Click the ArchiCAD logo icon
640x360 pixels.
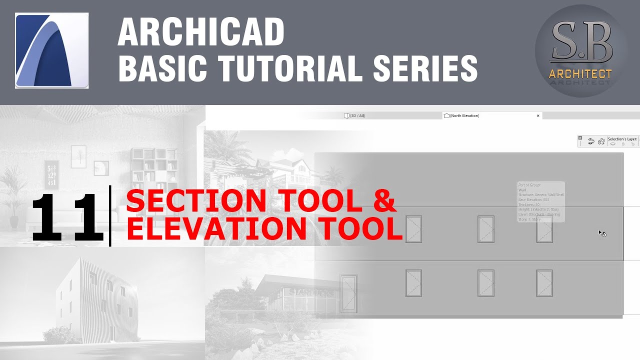(x=51, y=51)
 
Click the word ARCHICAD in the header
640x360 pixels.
(x=201, y=32)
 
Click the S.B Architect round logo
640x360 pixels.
(x=580, y=51)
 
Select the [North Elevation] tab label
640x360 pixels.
(x=464, y=115)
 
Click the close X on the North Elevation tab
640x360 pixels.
(x=538, y=115)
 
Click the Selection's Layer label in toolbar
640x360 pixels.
(x=622, y=139)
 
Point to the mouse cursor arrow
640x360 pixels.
(x=601, y=232)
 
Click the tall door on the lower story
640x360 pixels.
(x=348, y=293)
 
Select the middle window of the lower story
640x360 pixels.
(x=485, y=283)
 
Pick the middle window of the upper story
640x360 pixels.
(x=485, y=229)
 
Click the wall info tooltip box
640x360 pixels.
(x=540, y=201)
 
